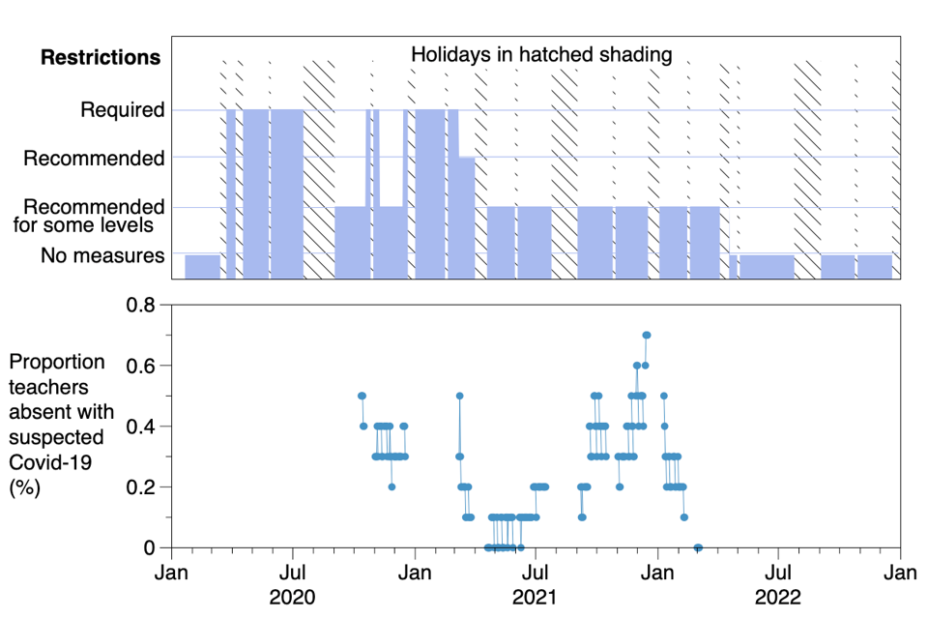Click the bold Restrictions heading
[x=101, y=57]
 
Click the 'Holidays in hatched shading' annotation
[x=541, y=54]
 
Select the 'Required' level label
[x=123, y=110]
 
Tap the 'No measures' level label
[x=102, y=256]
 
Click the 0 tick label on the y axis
[x=149, y=547]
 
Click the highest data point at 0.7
[x=647, y=335]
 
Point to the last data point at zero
[x=698, y=547]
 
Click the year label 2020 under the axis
[x=293, y=597]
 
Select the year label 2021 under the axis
[x=536, y=597]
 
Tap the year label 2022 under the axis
[x=779, y=597]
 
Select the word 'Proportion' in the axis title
[x=57, y=362]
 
